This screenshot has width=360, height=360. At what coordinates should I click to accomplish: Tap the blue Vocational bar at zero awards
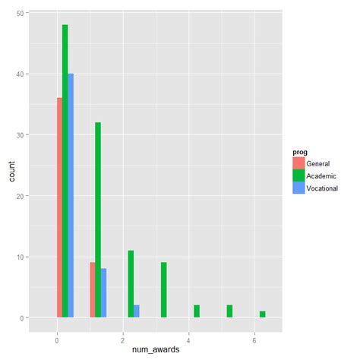(71, 195)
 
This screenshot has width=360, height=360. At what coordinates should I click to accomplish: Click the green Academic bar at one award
(98, 219)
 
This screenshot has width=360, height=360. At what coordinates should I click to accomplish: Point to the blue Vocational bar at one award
(104, 292)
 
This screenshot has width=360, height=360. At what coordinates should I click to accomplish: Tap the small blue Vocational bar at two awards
(137, 311)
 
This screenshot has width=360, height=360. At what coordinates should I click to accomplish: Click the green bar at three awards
(163, 289)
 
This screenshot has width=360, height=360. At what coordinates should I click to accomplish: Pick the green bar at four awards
(197, 311)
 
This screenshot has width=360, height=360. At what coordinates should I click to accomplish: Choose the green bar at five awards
(229, 311)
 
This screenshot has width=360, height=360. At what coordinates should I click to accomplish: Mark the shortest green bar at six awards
(262, 314)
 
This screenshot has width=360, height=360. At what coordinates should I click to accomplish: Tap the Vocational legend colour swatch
(298, 188)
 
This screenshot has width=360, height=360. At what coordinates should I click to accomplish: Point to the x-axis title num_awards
(156, 348)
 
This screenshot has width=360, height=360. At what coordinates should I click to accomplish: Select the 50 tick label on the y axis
(18, 13)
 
